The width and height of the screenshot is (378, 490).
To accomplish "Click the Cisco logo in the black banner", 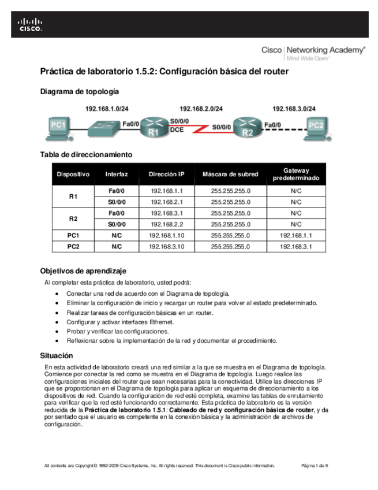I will (x=30, y=24).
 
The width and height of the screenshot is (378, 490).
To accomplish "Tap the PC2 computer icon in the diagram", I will (x=316, y=127).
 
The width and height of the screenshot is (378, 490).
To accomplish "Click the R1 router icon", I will (x=154, y=128).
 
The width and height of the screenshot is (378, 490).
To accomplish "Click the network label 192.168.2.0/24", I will (x=201, y=108).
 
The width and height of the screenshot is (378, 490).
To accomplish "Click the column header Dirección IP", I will (x=166, y=174).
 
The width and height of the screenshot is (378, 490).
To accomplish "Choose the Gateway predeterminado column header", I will (x=296, y=174).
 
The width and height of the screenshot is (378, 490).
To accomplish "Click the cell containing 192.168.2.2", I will (x=166, y=224).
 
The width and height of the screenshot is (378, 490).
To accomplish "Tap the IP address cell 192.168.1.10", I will (x=166, y=236).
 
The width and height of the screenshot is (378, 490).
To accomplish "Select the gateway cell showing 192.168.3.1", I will (x=296, y=247).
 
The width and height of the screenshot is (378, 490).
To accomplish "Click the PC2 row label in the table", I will (x=73, y=247).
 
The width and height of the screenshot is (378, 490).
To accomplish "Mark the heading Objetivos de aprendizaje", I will (x=83, y=270).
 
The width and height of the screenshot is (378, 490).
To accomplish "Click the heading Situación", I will (x=56, y=356).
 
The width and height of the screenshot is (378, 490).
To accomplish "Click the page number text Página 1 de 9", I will (x=315, y=465).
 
